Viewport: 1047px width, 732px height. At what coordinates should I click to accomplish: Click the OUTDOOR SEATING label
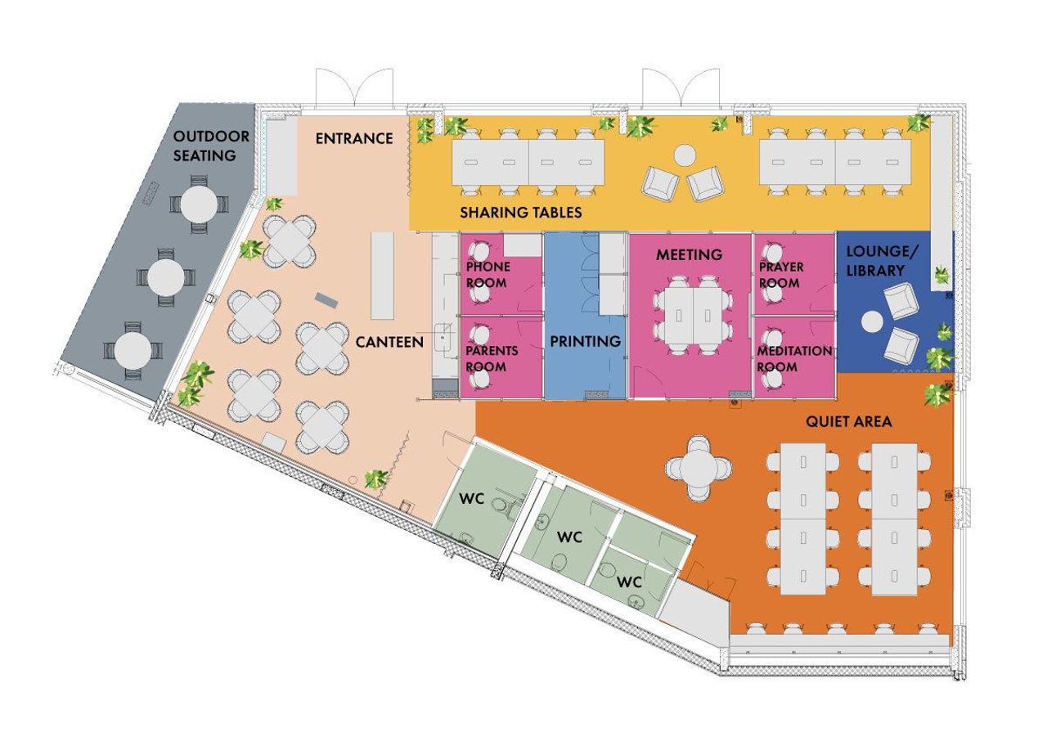coord(204,145)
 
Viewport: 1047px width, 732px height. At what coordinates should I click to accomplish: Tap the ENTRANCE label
coord(354,138)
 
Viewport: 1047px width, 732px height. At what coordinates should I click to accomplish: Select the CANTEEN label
coord(389,342)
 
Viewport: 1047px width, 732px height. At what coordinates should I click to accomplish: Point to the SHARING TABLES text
coord(521,213)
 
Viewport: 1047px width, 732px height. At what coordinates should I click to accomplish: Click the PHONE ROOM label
coord(488,275)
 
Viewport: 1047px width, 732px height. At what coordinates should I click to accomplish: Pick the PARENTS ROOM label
coord(486,358)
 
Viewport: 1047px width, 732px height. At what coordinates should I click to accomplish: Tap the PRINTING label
coord(585,341)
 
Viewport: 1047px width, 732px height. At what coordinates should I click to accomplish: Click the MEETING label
coord(689,255)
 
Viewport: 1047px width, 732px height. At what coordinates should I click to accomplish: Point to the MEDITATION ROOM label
coord(794,358)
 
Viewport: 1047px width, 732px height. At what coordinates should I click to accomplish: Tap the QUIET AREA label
coord(848,422)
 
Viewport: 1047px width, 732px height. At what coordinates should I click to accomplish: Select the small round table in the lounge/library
coord(873,321)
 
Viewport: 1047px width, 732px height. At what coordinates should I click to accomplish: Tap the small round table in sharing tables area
coord(684,155)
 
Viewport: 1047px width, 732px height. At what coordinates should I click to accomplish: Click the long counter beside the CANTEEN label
coord(382,276)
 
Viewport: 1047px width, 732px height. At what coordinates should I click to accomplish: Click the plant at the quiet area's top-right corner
coord(937,395)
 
